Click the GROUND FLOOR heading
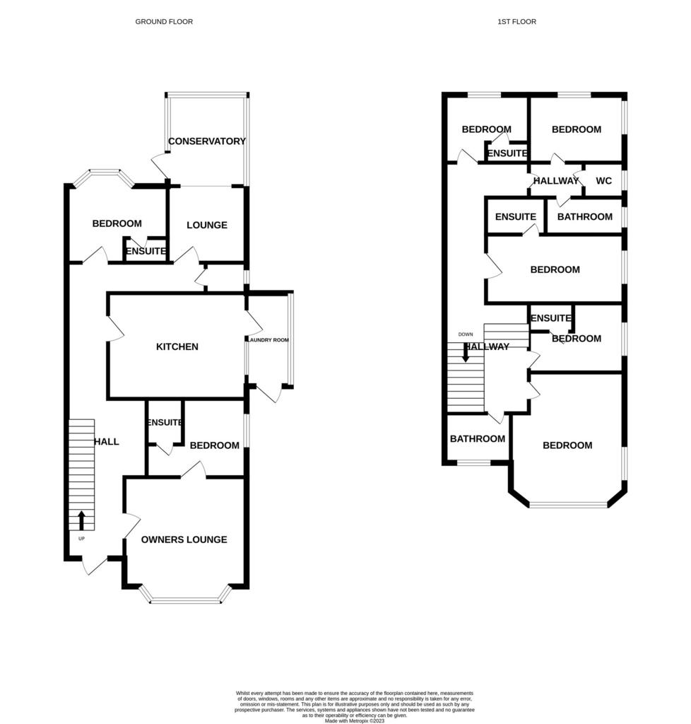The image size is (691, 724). click(164, 22)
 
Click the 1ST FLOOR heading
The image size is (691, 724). click(516, 22)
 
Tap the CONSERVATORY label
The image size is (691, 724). click(206, 141)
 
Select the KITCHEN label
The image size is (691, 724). click(177, 346)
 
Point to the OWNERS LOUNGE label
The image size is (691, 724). click(184, 539)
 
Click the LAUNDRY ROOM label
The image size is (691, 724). click(269, 340)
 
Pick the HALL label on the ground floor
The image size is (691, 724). click(107, 442)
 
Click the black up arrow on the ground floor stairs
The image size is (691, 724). click(82, 520)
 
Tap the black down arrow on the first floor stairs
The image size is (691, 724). click(466, 353)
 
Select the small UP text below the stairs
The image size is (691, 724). click(82, 539)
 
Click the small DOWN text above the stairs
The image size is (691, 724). click(466, 334)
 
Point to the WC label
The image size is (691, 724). click(604, 181)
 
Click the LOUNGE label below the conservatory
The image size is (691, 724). click(207, 226)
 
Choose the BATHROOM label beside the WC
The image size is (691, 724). click(585, 217)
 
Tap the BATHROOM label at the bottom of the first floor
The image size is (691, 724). click(478, 439)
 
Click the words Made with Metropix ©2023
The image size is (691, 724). click(355, 720)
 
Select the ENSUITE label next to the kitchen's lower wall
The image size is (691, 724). click(165, 423)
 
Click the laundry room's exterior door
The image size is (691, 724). click(268, 392)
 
